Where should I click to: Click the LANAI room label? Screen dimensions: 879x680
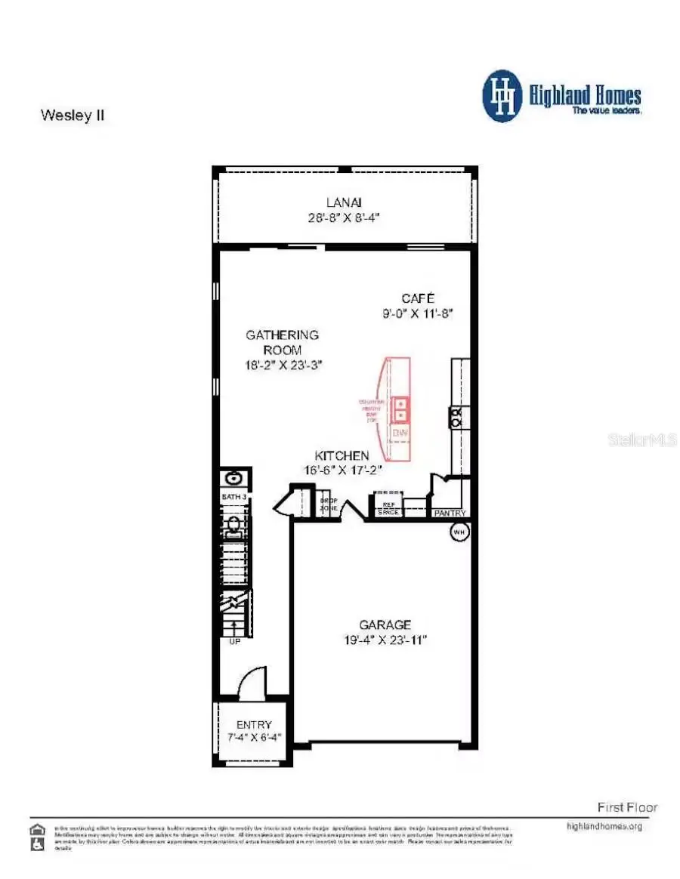point(344,202)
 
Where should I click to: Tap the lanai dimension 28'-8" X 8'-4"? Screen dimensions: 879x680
point(344,216)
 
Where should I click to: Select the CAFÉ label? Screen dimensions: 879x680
point(418,298)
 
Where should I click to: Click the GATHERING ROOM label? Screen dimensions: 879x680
point(283,342)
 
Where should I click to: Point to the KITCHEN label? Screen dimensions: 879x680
point(342,455)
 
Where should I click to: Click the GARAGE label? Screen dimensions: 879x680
point(385,625)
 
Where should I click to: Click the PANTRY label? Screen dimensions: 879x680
point(450,514)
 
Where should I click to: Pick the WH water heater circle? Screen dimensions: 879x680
point(459,532)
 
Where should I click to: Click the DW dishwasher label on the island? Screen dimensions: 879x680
point(400,433)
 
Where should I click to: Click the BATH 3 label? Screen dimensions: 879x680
point(233,497)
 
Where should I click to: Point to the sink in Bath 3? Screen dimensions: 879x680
point(234,478)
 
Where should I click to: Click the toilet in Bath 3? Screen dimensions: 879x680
point(233,524)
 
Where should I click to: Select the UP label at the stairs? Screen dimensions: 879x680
point(234,641)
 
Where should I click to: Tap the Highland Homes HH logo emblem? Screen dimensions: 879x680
point(502,97)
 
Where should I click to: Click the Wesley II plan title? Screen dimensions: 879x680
point(72,116)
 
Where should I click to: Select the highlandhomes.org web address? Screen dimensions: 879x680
point(604,826)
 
